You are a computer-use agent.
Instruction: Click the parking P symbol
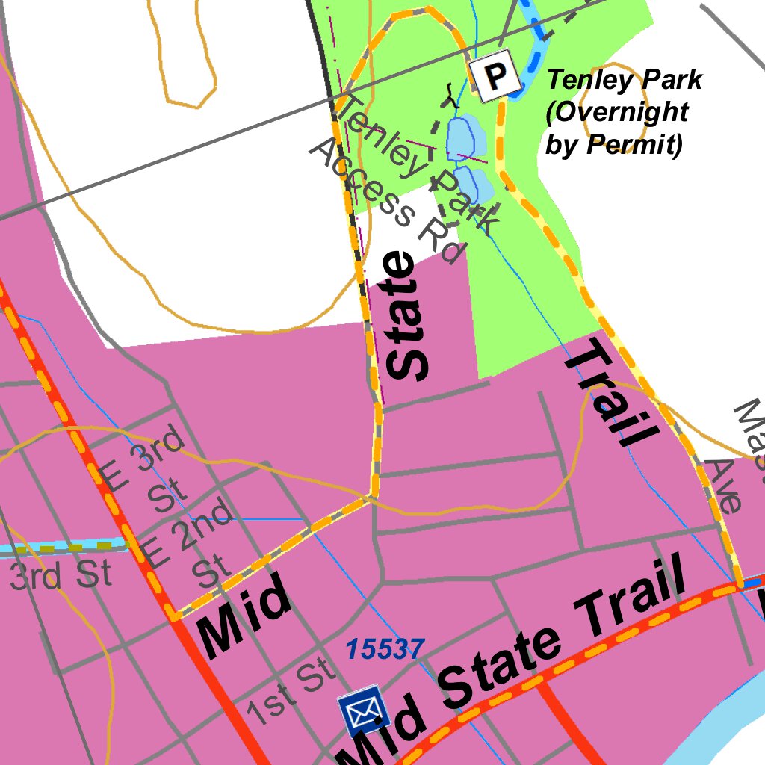494,75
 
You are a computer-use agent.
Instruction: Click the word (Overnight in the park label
616,111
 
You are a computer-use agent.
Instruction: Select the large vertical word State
410,315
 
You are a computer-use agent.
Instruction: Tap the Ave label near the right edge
725,486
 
